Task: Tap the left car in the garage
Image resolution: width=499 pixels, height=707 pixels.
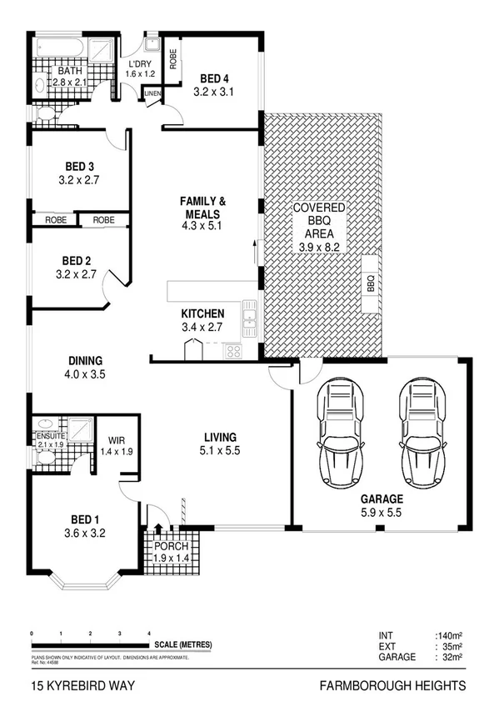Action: (340, 434)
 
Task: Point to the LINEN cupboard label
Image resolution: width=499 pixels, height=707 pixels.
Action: (152, 94)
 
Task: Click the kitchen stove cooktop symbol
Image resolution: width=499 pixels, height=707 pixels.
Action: (233, 351)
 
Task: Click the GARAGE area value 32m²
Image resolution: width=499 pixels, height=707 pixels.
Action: (447, 657)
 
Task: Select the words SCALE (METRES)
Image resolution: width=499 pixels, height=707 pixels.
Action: (183, 644)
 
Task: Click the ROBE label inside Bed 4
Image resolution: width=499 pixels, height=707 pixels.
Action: (172, 59)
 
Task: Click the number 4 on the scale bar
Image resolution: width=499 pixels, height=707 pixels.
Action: (148, 634)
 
